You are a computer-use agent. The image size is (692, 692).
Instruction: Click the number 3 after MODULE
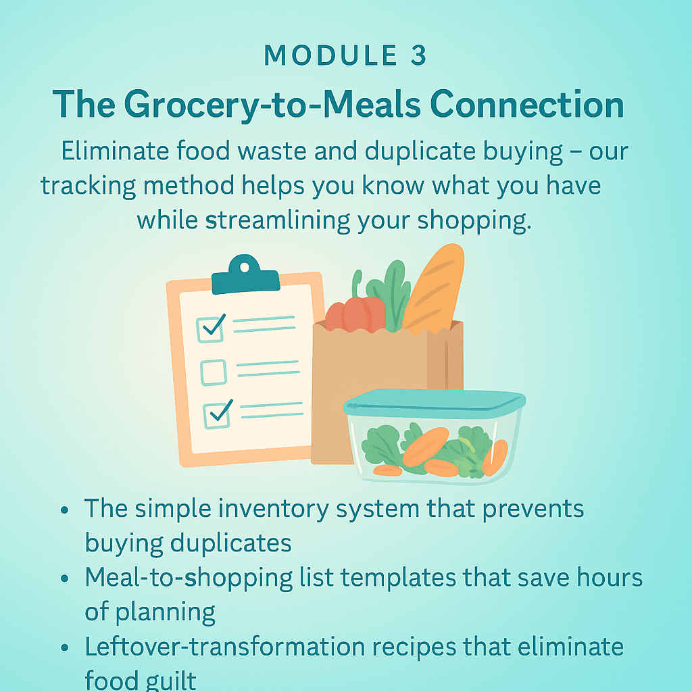pos(418,55)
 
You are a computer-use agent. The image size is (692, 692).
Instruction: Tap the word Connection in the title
pos(527,104)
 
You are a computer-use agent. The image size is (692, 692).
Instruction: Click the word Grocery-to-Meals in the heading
pos(272,105)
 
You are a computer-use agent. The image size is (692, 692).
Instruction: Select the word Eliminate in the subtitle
pos(115,151)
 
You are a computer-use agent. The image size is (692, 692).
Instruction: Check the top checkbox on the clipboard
pos(210,329)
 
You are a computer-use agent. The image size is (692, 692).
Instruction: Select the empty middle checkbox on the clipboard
pos(214,372)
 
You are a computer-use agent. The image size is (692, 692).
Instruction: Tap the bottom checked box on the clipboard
pos(217,414)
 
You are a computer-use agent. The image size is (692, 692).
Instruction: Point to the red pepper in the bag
pos(355,314)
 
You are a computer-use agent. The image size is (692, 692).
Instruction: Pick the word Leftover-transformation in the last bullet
pos(224,647)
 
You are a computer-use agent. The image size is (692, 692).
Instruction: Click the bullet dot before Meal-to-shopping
pos(65,578)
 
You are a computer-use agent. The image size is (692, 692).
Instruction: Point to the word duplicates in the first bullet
pos(231,543)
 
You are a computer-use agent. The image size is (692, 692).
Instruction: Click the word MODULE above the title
pos(331,55)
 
